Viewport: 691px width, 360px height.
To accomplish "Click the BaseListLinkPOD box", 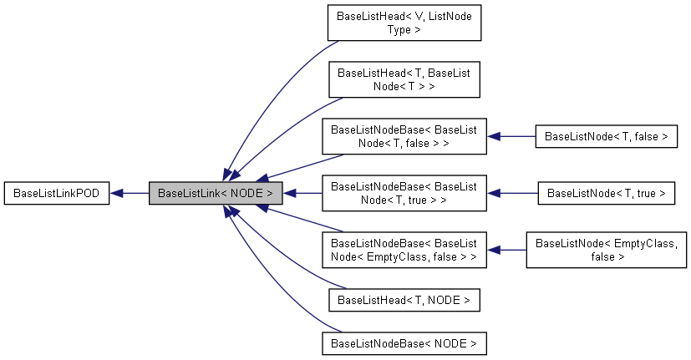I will [x=57, y=193].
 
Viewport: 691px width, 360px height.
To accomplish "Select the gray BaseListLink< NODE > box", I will [x=216, y=193].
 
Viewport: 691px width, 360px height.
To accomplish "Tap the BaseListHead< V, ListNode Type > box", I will [x=404, y=23].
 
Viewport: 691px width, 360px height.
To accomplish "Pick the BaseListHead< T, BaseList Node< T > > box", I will [x=404, y=79].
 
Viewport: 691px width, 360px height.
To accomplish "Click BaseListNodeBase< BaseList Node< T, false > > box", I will [x=404, y=136].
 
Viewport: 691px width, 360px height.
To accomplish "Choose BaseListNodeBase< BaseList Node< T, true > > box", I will [x=404, y=193].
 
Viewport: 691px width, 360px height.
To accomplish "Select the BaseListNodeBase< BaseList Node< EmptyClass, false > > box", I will [x=404, y=250].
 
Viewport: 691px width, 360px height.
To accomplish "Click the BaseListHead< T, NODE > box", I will [x=404, y=300].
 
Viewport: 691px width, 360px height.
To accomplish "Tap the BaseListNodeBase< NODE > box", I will [x=404, y=343].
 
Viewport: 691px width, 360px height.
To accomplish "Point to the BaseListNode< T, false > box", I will [x=606, y=136].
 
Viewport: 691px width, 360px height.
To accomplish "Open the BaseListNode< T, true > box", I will [x=606, y=193].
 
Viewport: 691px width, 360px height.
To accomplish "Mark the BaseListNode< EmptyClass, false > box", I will [x=606, y=250].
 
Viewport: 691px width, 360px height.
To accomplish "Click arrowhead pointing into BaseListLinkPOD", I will [x=117, y=193].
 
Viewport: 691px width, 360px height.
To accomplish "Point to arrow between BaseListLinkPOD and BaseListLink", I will [x=134, y=193].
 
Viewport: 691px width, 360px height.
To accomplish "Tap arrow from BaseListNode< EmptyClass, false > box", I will [x=511, y=250].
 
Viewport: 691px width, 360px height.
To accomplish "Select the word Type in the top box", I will [x=404, y=29].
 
